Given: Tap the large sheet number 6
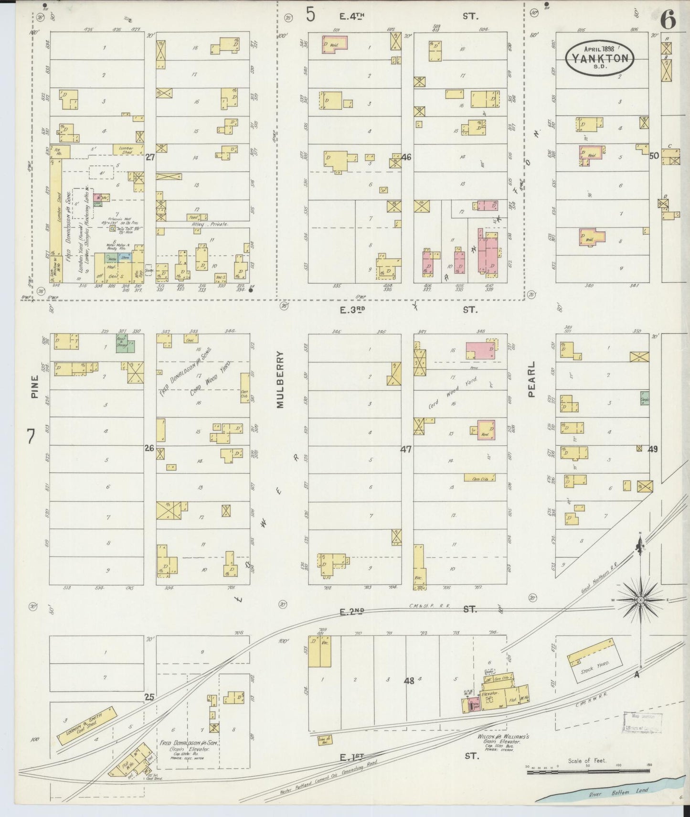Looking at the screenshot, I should tap(669, 20).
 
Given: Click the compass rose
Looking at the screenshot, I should tap(641, 600).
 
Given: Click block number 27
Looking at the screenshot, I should tap(150, 157).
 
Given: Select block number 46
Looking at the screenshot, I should tap(406, 157).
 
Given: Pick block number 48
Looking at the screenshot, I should tap(409, 681).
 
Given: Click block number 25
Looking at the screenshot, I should tap(149, 698).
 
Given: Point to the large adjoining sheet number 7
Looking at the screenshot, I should tap(31, 436).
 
